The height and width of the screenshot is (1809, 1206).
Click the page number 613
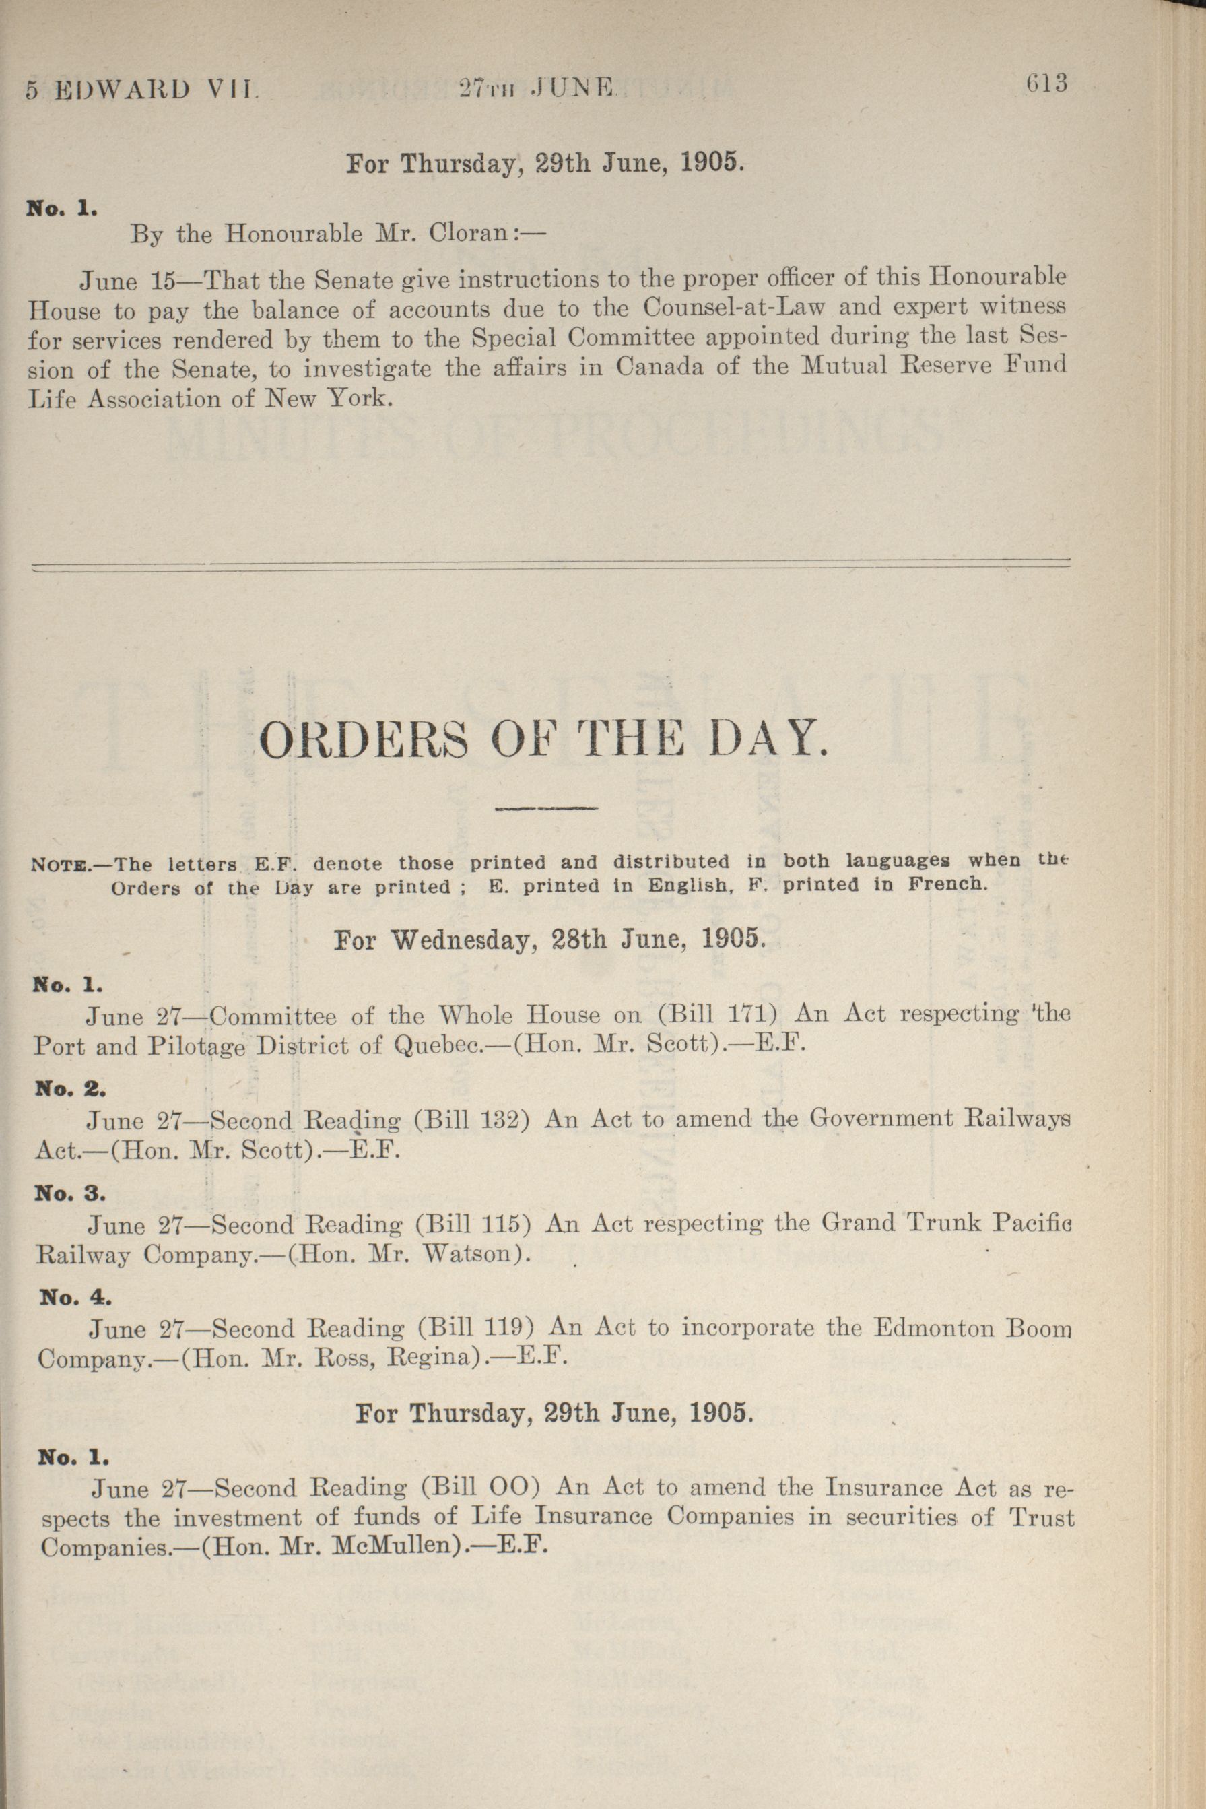[1047, 83]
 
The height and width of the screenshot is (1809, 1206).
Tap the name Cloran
[465, 233]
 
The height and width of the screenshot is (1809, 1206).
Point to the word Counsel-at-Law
[734, 308]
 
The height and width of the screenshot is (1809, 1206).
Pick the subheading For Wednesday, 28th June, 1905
[549, 940]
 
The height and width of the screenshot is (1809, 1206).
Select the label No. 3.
[71, 1193]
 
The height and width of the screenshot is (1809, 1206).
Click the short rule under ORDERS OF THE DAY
[547, 808]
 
